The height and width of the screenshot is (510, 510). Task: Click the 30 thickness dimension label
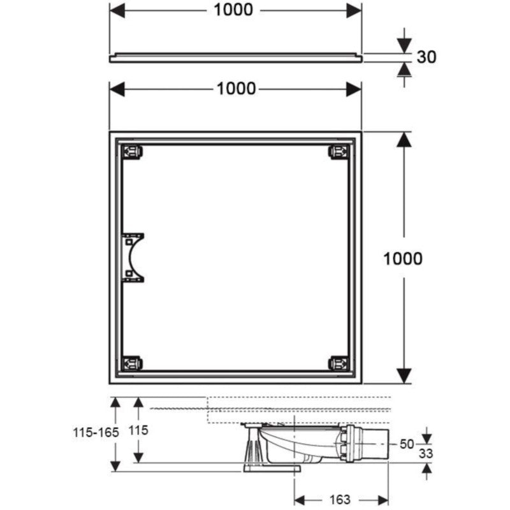pyautogui.click(x=426, y=57)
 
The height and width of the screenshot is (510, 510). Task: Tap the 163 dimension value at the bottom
pyautogui.click(x=340, y=499)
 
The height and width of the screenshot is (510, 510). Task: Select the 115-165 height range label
pyautogui.click(x=96, y=432)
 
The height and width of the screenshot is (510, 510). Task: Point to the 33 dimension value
pyautogui.click(x=426, y=453)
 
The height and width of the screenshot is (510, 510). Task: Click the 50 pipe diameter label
pyautogui.click(x=407, y=444)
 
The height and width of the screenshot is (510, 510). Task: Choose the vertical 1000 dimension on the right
pyautogui.click(x=403, y=259)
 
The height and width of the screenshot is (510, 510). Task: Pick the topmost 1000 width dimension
pyautogui.click(x=233, y=10)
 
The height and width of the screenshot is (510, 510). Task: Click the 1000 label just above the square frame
pyautogui.click(x=236, y=89)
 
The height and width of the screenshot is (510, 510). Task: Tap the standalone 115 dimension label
pyautogui.click(x=138, y=430)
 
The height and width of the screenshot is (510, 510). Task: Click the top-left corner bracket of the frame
pyautogui.click(x=132, y=152)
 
